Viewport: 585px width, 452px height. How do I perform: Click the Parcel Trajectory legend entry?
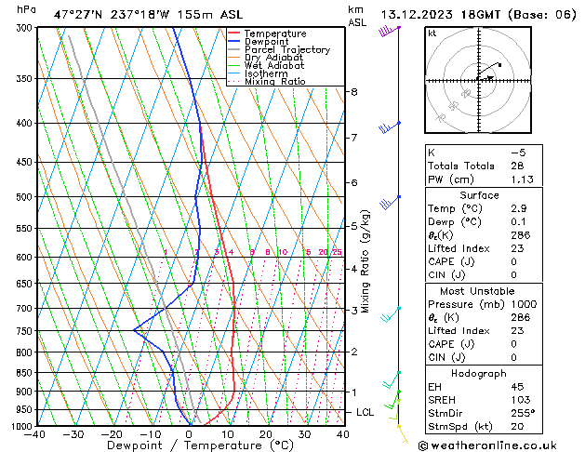tap(286, 49)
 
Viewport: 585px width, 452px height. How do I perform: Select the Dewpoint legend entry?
tap(267, 42)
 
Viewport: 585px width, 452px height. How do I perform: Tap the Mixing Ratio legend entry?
tap(275, 82)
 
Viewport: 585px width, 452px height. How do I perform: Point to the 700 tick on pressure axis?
tap(24, 308)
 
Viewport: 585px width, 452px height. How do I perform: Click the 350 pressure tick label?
tap(24, 78)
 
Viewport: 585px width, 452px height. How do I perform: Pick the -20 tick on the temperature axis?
tap(113, 434)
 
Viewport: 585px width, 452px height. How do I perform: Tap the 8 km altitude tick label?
tap(353, 92)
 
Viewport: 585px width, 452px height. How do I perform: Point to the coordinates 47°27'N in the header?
tap(78, 14)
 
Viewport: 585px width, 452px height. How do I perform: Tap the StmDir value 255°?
tap(522, 415)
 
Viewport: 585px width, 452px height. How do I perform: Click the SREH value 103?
tap(519, 400)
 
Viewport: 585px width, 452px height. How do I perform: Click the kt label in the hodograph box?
tap(432, 33)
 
